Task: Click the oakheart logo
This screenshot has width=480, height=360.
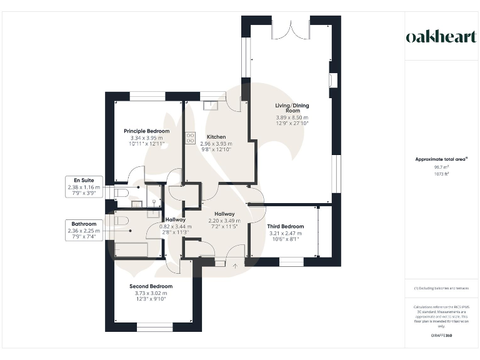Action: (441, 37)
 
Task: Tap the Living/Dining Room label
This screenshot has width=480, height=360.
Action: (292, 109)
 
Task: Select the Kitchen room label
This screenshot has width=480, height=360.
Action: (216, 136)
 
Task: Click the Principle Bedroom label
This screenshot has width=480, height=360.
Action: (146, 131)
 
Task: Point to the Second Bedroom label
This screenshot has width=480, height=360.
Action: (152, 286)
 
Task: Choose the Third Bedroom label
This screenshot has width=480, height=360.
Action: (285, 226)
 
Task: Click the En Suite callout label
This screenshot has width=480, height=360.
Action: (84, 181)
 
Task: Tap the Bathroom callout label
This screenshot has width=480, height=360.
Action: (84, 224)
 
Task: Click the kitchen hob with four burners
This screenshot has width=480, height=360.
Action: (190, 138)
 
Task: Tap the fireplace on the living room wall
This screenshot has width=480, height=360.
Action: (332, 81)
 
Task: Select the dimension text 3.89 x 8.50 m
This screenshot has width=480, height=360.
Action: (292, 117)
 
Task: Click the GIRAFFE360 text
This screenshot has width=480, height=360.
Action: (441, 336)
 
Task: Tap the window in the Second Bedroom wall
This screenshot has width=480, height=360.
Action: (154, 326)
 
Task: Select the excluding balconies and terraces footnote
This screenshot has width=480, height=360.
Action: (441, 288)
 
